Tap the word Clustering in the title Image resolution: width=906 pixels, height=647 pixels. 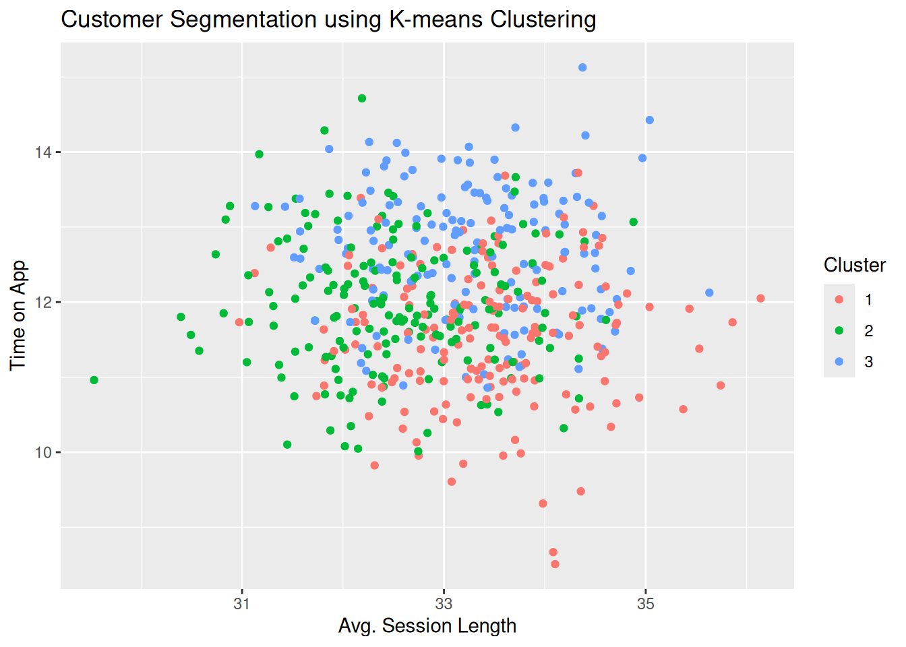coord(543,20)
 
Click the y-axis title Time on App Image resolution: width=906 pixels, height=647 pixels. coord(18,315)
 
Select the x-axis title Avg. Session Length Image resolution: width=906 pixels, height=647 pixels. coord(427,625)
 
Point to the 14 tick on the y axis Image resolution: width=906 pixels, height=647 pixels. coord(43,152)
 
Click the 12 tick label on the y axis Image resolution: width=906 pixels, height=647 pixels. coord(43,303)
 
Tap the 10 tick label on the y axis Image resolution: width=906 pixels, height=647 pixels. coord(43,453)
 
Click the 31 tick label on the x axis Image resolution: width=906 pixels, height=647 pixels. coord(242,604)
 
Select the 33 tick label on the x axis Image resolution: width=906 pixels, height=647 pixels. coord(444,604)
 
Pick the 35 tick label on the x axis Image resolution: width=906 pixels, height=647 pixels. coord(646,604)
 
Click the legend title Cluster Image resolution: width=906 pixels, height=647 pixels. coord(854,265)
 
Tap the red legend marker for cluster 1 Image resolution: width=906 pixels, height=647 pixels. coord(839,300)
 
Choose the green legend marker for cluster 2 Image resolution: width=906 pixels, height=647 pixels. coord(839,331)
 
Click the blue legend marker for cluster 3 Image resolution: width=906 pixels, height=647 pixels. coord(839,362)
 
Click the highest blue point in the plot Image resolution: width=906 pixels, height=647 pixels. coord(582,67)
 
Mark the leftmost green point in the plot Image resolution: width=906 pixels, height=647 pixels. coord(94,380)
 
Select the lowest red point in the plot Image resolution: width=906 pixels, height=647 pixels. coord(555,564)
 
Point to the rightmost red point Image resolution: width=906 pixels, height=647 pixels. coord(760,299)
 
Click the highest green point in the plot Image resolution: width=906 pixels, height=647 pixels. coord(362,98)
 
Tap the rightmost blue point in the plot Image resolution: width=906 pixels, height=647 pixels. coord(709,293)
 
